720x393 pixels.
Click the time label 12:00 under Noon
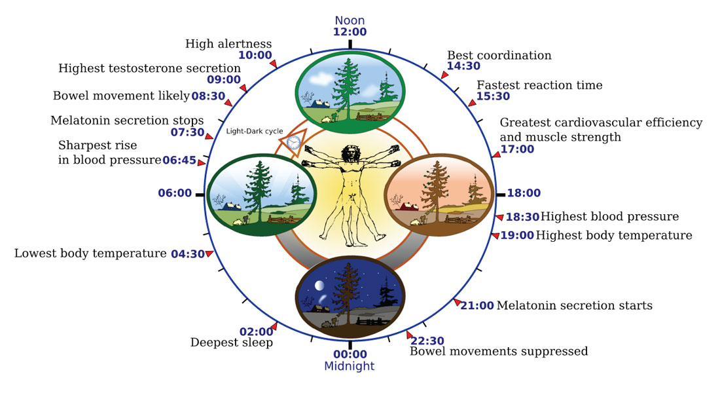coord(350,31)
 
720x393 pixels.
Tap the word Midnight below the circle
coord(350,366)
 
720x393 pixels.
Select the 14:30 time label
coord(463,66)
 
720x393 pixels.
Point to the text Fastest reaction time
coord(539,85)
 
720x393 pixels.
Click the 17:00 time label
coord(518,149)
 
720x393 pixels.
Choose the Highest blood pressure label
coord(610,216)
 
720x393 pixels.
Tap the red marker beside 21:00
coord(456,302)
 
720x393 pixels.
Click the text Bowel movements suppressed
coord(499,351)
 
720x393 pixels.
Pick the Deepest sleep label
coord(232,343)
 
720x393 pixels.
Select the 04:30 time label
coord(188,254)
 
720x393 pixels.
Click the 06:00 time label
coord(175,193)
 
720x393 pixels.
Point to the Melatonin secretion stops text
coord(127,121)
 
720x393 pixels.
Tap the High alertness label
coord(228,44)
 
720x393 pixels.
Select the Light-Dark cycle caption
coord(255,131)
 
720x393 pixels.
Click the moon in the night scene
coord(318,286)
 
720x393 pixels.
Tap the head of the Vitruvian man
coord(350,151)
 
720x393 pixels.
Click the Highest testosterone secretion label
coord(149,68)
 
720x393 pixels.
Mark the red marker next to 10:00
coord(274,64)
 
